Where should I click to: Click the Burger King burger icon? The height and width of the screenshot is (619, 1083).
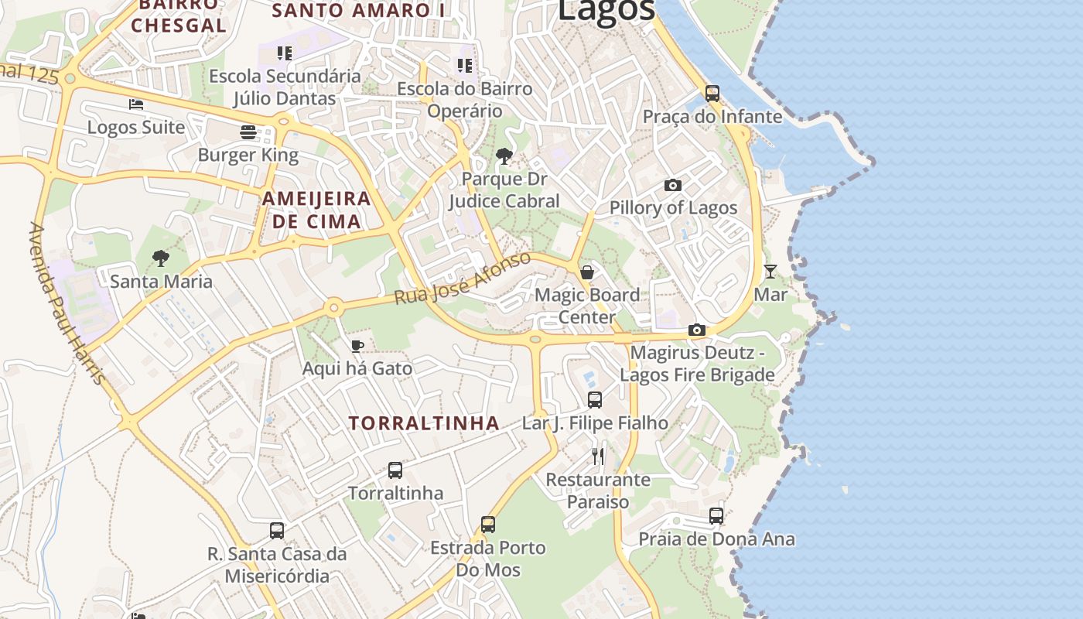point(248,132)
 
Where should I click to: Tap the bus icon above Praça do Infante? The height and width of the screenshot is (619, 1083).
point(712,94)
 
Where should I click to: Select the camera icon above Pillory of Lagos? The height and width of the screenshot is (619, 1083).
point(673,185)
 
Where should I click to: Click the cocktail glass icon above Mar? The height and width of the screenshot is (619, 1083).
point(770,271)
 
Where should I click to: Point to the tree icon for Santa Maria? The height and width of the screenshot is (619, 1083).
point(161,258)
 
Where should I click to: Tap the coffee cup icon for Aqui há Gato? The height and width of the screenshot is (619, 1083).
point(357,345)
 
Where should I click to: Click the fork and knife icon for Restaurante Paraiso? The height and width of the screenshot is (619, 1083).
point(598,456)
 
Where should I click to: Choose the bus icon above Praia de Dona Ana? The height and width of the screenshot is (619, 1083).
point(716,515)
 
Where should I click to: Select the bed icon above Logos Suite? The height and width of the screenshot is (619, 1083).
point(136,104)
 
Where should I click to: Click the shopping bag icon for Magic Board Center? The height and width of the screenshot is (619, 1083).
point(587,272)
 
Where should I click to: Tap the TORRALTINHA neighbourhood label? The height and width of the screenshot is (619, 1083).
point(424,423)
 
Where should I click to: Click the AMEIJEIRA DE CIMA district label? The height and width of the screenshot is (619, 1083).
point(316,210)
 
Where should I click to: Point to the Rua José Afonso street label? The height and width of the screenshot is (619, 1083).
point(462,278)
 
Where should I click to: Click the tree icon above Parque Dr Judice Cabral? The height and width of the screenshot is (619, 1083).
point(504,156)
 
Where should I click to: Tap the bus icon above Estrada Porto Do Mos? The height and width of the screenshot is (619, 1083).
point(488,524)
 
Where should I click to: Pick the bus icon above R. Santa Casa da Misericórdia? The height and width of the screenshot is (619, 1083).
point(277,530)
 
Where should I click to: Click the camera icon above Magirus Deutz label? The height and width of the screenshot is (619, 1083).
point(697,330)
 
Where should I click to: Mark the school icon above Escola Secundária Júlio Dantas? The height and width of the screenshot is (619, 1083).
point(285,53)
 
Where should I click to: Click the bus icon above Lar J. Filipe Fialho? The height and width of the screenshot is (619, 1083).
point(595,399)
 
